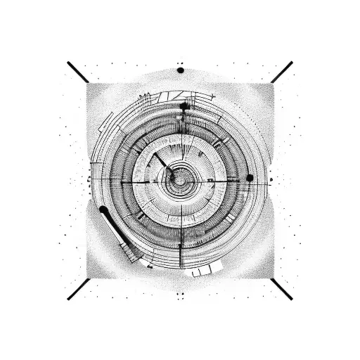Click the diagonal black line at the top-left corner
[x=77, y=72]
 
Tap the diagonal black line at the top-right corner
[x=281, y=72]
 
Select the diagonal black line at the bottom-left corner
[x=78, y=289]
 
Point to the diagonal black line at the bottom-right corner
[x=281, y=289]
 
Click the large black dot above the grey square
[x=181, y=70]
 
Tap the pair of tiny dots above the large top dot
[x=180, y=63]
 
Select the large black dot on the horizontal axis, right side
[x=250, y=178]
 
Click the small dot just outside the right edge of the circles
[x=271, y=180]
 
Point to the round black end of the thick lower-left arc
[x=103, y=210]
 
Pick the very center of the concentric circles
[x=181, y=180]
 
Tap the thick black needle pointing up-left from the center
[x=162, y=162]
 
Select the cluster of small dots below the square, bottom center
[x=180, y=295]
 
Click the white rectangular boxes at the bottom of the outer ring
[x=202, y=270]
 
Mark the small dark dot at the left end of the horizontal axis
[x=89, y=181]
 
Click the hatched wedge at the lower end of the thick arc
[x=130, y=250]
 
